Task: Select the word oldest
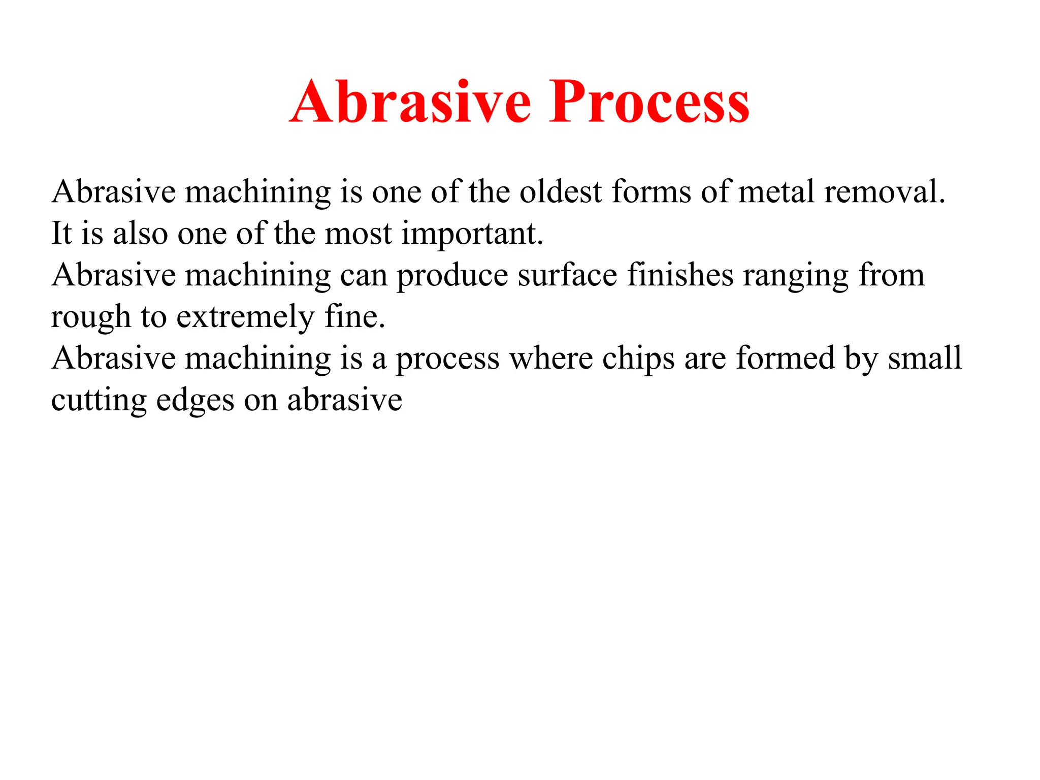click(560, 192)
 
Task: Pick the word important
click(472, 235)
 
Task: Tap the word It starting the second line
click(61, 234)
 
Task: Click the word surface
click(567, 275)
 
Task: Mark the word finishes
click(680, 275)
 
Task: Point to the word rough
click(91, 318)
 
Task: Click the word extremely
click(245, 318)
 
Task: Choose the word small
click(925, 359)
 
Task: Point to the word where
click(550, 359)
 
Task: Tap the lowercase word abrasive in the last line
click(344, 400)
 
